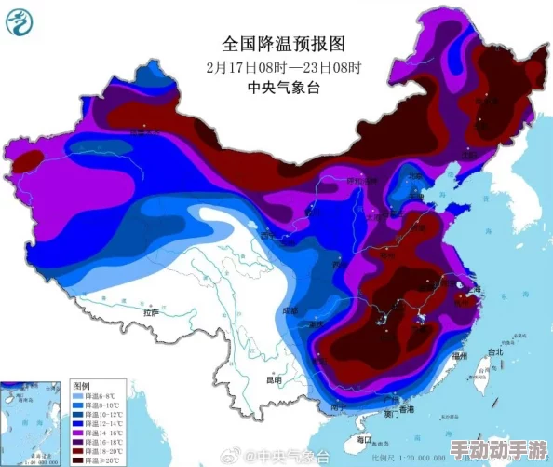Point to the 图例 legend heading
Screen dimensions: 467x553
(81, 385)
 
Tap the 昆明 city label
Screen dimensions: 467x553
(272, 379)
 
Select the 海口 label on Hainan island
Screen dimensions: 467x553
(364, 437)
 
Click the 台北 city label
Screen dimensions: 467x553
(494, 352)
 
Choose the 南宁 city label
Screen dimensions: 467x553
(332, 406)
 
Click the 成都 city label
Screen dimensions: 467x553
(290, 309)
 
